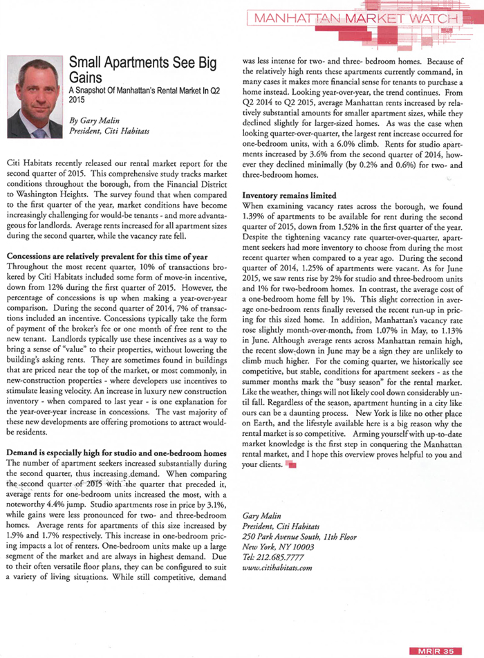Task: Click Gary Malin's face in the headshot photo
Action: (34, 86)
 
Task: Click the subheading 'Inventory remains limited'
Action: (289, 195)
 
